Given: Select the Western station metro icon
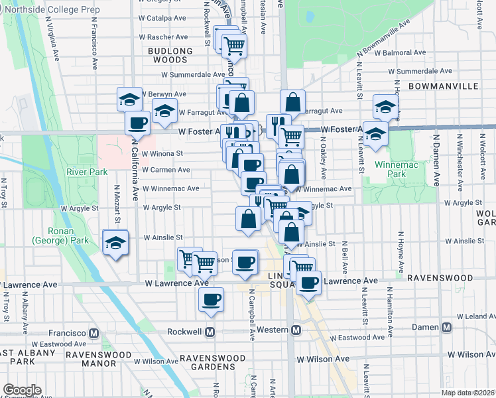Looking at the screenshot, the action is point(296,330).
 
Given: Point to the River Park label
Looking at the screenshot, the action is point(87,172).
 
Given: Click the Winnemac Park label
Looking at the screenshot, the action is point(390,168).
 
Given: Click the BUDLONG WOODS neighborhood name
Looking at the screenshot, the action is point(169,55).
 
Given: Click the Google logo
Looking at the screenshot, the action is point(21,390).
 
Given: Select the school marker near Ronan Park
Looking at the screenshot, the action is point(115,243).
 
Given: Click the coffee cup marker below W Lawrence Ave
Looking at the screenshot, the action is point(212,300).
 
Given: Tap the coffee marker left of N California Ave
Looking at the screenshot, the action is point(137,123).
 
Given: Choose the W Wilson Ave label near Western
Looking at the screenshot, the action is point(323,359).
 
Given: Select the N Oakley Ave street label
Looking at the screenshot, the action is point(323,159).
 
